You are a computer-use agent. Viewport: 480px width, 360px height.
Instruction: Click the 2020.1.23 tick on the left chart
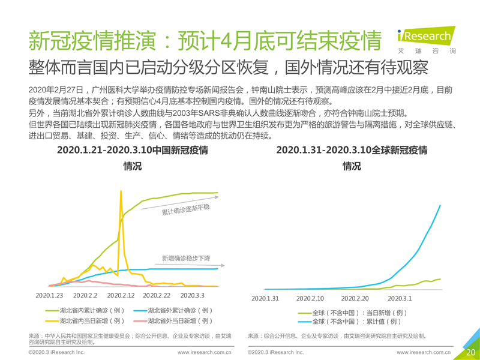click(x=50, y=296)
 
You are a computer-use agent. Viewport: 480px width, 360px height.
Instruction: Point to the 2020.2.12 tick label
click(x=121, y=296)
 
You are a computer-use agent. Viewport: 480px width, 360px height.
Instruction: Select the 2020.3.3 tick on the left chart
click(x=193, y=296)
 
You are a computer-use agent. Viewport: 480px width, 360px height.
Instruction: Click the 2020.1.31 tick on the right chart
click(x=265, y=298)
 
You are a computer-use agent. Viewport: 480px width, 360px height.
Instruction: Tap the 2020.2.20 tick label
click(x=355, y=298)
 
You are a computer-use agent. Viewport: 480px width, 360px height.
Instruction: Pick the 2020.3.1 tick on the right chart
click(x=400, y=298)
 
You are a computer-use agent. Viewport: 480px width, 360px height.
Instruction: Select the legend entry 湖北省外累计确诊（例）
click(x=173, y=311)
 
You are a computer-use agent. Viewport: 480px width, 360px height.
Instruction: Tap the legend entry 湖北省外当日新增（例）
click(x=173, y=321)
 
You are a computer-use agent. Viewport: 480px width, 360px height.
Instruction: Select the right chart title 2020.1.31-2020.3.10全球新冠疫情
click(x=352, y=151)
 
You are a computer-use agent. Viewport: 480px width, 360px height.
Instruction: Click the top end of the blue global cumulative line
click(x=441, y=206)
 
